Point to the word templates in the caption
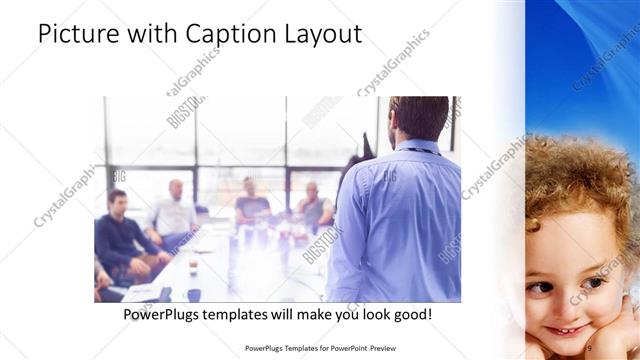click(248, 314)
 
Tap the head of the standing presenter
click(418, 117)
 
